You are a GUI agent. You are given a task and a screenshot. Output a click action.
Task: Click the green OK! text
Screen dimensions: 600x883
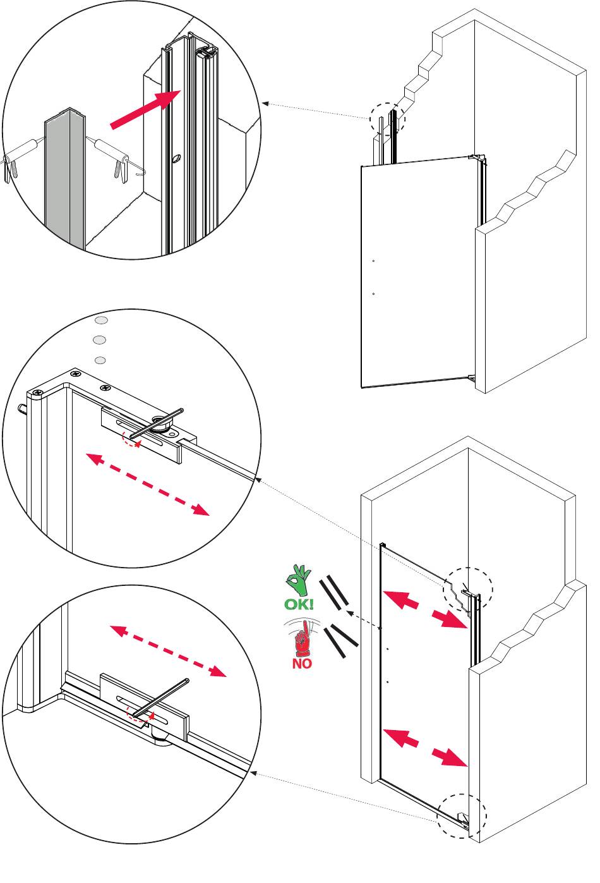tap(299, 604)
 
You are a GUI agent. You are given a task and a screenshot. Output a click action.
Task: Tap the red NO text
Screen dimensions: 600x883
tap(302, 664)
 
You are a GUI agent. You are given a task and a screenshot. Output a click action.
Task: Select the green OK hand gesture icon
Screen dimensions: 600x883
tap(299, 580)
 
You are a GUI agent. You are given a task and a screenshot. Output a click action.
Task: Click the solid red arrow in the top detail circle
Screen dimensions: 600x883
tap(145, 109)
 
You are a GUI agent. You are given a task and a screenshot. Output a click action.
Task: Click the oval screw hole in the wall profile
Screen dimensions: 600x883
tap(176, 158)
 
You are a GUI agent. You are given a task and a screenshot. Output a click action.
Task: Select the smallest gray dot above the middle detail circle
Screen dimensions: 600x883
tap(100, 360)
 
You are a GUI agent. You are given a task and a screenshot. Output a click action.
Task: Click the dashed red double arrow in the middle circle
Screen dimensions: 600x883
tap(148, 484)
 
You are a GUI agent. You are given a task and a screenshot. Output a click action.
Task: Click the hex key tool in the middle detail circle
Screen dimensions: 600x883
tap(157, 423)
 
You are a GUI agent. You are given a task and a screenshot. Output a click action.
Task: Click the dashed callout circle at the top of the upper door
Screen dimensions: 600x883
tap(387, 119)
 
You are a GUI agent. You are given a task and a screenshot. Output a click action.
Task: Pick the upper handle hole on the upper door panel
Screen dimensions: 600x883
tap(373, 261)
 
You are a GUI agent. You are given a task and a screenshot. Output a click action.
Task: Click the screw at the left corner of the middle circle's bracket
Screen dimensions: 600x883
tap(38, 392)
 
